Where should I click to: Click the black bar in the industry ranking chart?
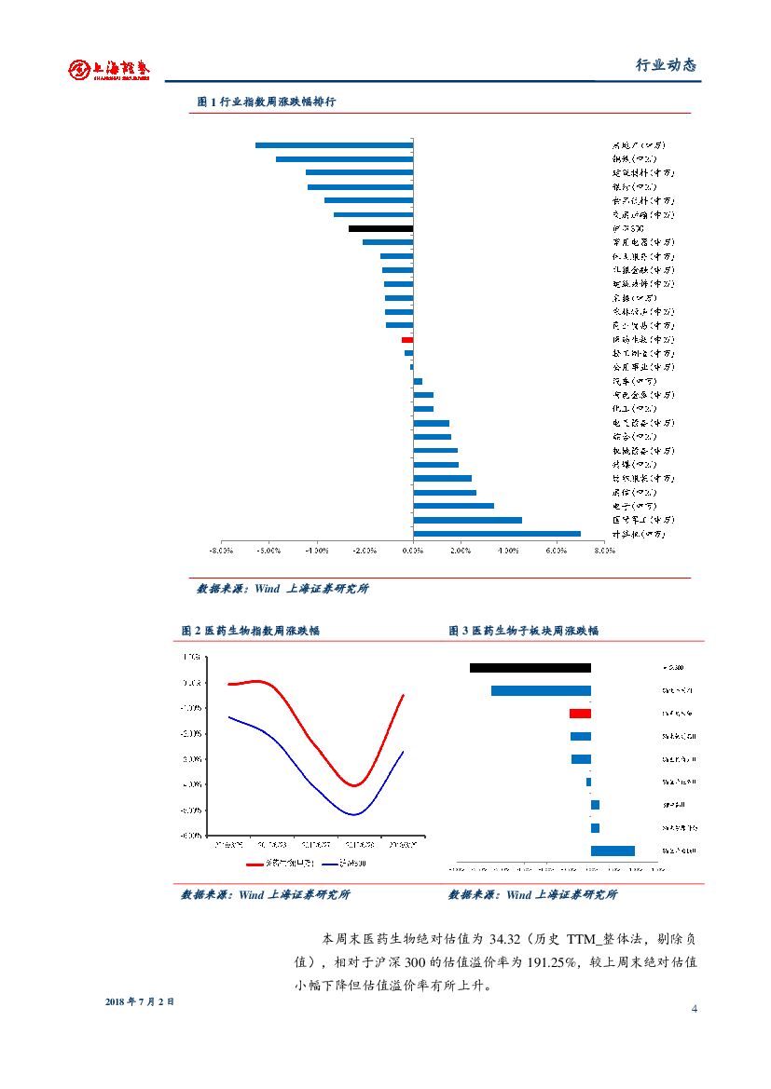point(380,228)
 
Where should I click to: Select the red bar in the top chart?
point(407,340)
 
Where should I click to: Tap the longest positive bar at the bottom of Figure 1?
point(496,534)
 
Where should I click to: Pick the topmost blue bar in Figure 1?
point(334,145)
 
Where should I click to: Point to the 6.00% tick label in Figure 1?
point(557,551)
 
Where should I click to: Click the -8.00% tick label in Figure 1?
point(221,551)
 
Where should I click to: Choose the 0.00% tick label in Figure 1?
point(412,551)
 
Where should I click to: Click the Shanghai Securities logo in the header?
point(109,69)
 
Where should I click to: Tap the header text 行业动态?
point(666,65)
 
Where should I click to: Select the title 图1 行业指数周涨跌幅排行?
point(267,102)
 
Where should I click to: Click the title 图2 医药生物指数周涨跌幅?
point(251,631)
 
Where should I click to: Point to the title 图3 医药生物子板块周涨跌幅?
point(523,631)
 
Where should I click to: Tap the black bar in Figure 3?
point(530,667)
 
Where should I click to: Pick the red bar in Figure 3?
point(580,713)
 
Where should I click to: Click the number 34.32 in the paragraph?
point(507,937)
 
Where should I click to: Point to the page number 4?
point(694,1009)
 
